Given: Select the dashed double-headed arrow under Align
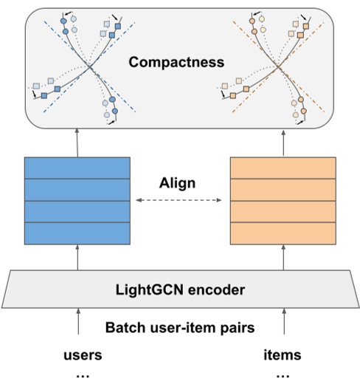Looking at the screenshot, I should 180,200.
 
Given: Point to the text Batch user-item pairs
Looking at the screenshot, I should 180,327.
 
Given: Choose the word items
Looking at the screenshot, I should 283,355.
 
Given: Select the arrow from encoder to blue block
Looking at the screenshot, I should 77,259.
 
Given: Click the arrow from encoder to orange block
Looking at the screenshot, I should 283,259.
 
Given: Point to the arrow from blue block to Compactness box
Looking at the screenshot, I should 77,140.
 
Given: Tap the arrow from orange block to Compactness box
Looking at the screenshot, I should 283,140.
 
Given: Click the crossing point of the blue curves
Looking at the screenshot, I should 89,68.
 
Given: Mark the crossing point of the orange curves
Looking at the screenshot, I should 279,69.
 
